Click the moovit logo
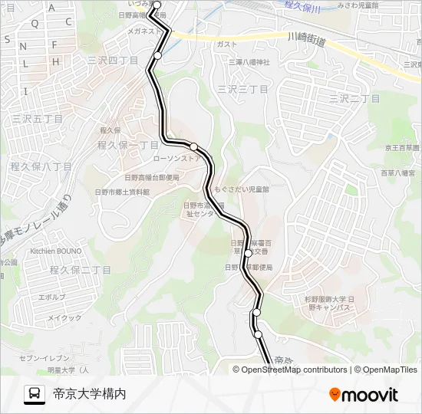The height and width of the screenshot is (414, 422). (x=364, y=395)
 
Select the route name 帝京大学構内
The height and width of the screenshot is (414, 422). (x=89, y=394)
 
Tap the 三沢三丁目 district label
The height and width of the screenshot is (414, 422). (x=242, y=90)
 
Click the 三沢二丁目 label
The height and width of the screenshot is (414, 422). (x=354, y=99)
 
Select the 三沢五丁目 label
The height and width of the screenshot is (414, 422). (x=37, y=120)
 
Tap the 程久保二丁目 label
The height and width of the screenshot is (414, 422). (x=81, y=270)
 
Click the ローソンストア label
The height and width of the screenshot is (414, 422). (x=177, y=158)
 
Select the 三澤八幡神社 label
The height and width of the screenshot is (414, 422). (x=249, y=62)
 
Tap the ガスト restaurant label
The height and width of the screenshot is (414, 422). (x=226, y=44)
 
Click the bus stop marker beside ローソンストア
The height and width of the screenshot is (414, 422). (x=194, y=146)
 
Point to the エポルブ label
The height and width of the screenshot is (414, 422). (x=52, y=296)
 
